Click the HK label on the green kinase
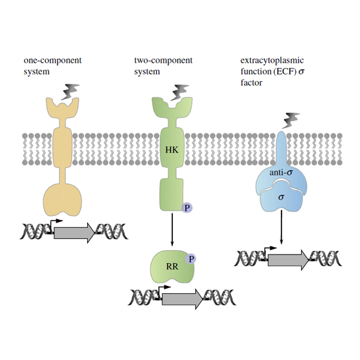coord(171,150)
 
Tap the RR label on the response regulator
coord(172,266)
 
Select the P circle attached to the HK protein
coord(187,208)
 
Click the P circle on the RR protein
coord(191,259)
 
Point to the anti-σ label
coord(281,172)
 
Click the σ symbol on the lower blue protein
coord(281,197)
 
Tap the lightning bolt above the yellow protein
coord(70,92)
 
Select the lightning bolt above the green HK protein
coord(180,92)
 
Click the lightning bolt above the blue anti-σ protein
coord(291,120)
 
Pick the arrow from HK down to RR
coord(172,229)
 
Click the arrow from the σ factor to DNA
coord(281,227)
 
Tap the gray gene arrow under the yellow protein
coord(74,232)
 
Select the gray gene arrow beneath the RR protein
coord(183,299)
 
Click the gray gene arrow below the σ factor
coord(289,260)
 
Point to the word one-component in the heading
coord(52,60)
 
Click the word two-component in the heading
coord(163,60)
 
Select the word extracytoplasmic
coord(272,60)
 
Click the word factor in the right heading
coord(251,82)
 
